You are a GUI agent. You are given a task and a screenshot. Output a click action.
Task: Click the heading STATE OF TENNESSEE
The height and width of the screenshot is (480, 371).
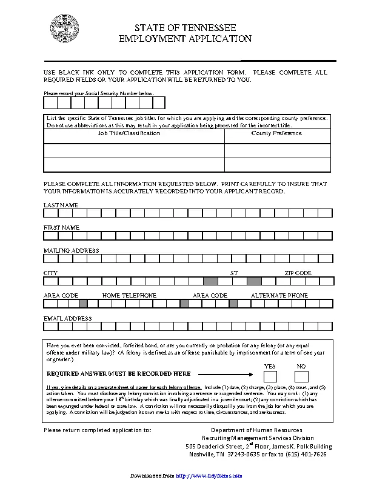click(185, 28)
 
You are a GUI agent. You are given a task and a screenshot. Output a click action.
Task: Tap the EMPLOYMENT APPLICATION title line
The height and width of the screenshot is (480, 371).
click(185, 38)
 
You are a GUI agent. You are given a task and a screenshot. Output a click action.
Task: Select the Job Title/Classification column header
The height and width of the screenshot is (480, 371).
click(129, 133)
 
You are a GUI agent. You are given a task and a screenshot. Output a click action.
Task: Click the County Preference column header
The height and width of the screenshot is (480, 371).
click(276, 133)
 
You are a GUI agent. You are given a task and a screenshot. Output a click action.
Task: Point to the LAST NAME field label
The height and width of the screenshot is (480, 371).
click(61, 205)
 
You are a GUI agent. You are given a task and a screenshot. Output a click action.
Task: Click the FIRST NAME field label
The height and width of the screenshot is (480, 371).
click(61, 227)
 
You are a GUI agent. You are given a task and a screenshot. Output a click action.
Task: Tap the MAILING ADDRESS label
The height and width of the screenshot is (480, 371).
click(71, 250)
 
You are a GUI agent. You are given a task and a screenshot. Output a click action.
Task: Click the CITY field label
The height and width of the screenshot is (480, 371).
click(50, 273)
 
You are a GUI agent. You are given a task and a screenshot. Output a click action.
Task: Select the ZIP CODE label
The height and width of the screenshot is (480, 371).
click(298, 273)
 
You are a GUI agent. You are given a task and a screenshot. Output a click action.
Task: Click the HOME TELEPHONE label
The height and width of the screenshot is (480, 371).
click(129, 296)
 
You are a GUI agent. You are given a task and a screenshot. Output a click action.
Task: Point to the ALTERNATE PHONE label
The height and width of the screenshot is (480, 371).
click(279, 296)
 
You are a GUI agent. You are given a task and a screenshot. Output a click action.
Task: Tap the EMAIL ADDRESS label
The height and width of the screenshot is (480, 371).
click(67, 318)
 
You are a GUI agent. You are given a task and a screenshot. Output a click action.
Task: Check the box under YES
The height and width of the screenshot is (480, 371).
click(270, 376)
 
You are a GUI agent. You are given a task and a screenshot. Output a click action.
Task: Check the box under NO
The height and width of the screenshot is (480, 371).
click(301, 376)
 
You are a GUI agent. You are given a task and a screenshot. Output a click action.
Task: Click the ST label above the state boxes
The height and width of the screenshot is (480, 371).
click(234, 273)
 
